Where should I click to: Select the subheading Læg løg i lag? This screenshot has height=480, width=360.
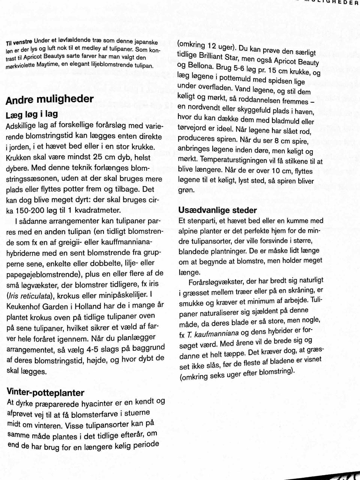point(32,114)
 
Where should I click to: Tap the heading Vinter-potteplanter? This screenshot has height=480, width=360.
point(45,393)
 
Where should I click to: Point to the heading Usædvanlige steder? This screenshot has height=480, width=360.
point(217,210)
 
